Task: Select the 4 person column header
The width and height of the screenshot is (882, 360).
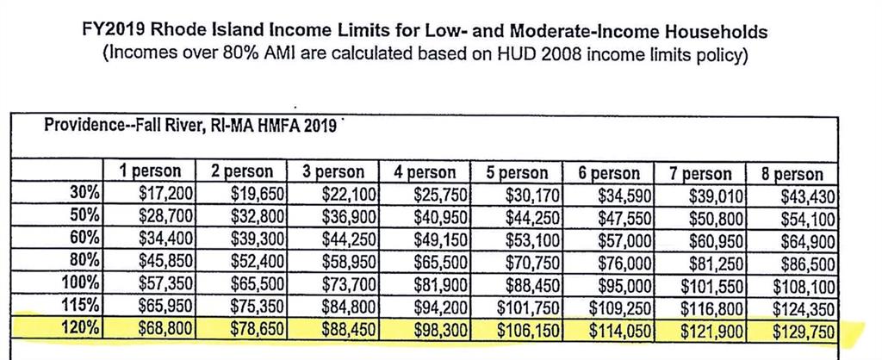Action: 425,173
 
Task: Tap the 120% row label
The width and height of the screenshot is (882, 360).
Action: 84,328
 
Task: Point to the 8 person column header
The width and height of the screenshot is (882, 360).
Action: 792,173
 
